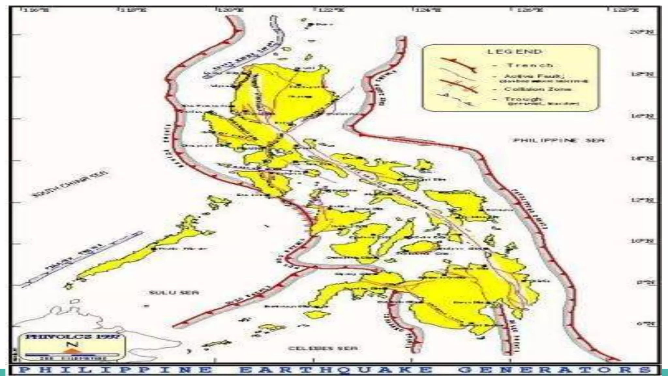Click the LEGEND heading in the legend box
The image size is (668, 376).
tap(514, 52)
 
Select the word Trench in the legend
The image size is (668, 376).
tap(530, 65)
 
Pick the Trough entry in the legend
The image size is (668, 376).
tap(523, 99)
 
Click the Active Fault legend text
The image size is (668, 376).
tap(532, 76)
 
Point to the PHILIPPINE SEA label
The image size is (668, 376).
tap(559, 140)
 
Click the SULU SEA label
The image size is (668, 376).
tap(174, 292)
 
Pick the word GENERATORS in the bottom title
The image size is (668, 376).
tap(554, 370)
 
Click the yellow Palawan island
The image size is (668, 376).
tap(137, 253)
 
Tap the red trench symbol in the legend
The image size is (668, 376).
tap(458, 65)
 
